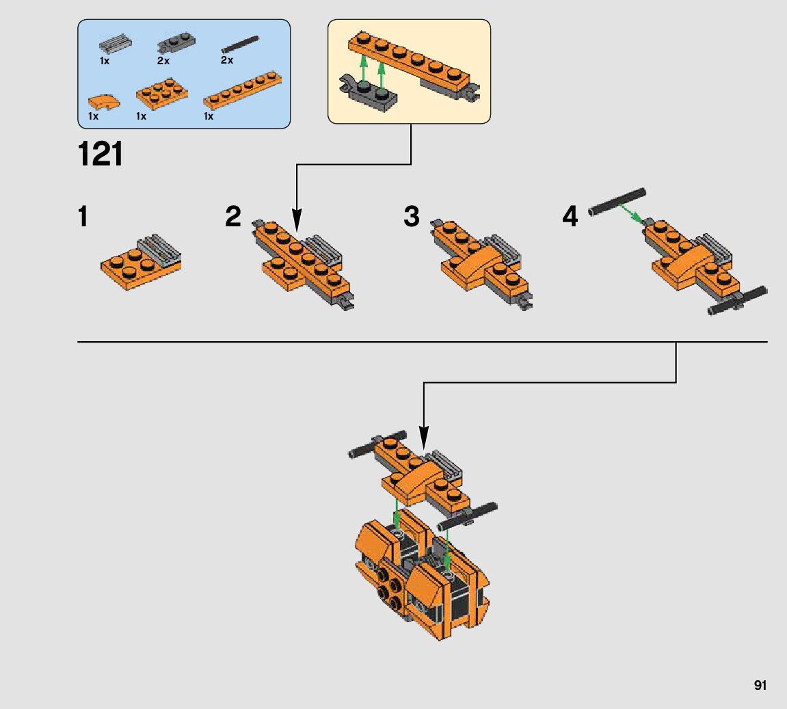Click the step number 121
point(101,154)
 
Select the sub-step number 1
point(83,217)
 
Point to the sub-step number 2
point(233,217)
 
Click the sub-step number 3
point(411,217)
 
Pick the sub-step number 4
point(570,217)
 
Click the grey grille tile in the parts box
point(115,44)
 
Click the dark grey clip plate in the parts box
point(173,44)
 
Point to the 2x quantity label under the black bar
point(226,60)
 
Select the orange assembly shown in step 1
point(141,263)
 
